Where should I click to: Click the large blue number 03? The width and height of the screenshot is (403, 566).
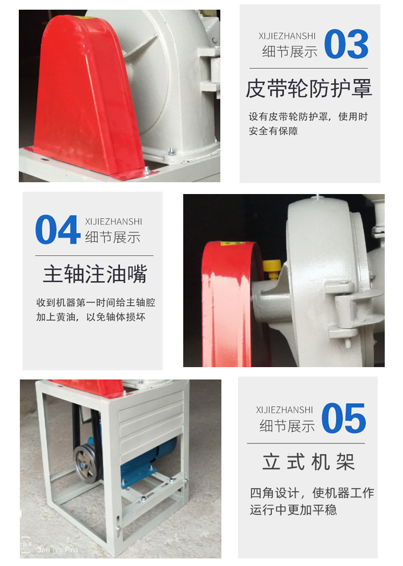click(x=347, y=44)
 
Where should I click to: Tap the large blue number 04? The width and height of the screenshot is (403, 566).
click(x=57, y=230)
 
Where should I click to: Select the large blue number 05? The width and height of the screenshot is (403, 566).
click(x=344, y=418)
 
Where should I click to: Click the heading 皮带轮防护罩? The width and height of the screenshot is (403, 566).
click(x=309, y=89)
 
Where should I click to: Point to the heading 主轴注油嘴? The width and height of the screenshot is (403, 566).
click(x=95, y=274)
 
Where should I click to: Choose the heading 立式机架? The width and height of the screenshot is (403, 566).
click(x=309, y=462)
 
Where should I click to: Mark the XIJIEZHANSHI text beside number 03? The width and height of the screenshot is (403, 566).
click(x=287, y=36)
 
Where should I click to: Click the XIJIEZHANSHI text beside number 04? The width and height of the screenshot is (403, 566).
click(x=113, y=221)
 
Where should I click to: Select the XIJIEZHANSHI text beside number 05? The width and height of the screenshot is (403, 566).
click(x=284, y=410)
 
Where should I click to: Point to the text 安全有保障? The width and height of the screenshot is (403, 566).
click(x=273, y=131)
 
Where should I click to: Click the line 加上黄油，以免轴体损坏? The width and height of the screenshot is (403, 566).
click(x=91, y=317)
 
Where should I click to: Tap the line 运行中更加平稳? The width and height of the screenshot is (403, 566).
click(x=293, y=510)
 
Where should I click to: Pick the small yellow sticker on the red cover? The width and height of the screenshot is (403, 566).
click(x=233, y=243)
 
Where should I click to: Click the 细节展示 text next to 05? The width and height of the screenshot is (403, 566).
click(x=287, y=426)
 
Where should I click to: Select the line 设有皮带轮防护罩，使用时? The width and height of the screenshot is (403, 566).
click(x=308, y=117)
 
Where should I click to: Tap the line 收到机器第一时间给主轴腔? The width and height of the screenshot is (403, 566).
click(x=96, y=303)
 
